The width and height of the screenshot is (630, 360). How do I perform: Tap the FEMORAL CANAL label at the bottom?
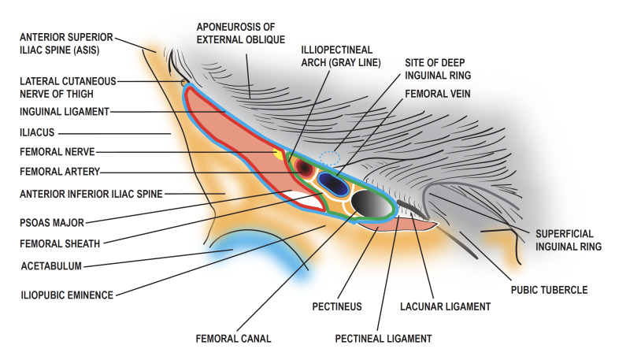[x=233, y=340]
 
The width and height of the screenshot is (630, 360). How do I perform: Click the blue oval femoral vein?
[x=334, y=184]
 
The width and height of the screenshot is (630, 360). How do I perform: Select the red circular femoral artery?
[x=304, y=170]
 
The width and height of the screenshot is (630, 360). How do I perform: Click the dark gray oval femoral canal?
[x=372, y=204]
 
